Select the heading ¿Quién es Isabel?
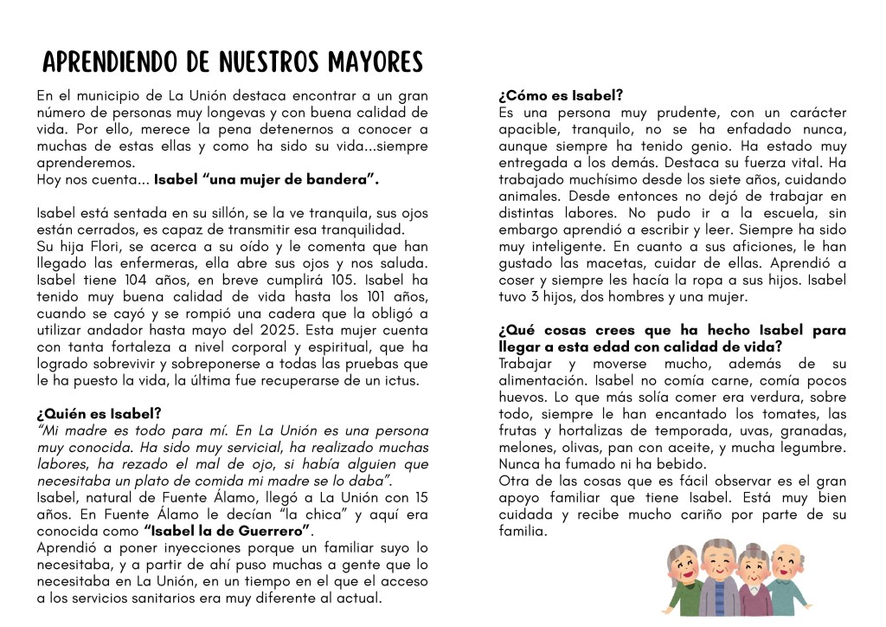tap(99, 414)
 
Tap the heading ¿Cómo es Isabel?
tap(561, 95)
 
